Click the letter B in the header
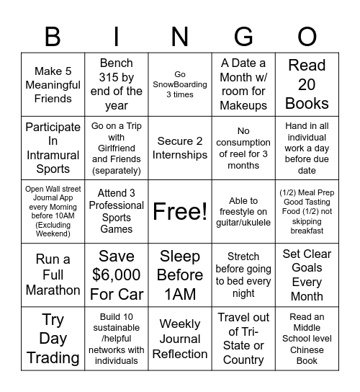pyautogui.click(x=53, y=36)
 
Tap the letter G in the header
pyautogui.click(x=243, y=36)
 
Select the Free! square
pyautogui.click(x=180, y=211)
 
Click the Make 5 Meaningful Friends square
pyautogui.click(x=53, y=84)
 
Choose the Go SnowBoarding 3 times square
pyautogui.click(x=180, y=84)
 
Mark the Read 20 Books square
pyautogui.click(x=307, y=84)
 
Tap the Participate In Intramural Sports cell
pyautogui.click(x=53, y=148)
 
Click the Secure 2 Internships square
pyautogui.click(x=180, y=148)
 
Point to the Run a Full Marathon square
pyautogui.click(x=53, y=275)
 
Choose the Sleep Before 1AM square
pyautogui.click(x=180, y=275)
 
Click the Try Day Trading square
pyautogui.click(x=53, y=339)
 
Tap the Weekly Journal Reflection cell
pyautogui.click(x=180, y=339)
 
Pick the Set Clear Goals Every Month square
pyautogui.click(x=307, y=275)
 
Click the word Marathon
pyautogui.click(x=53, y=290)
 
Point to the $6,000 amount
pyautogui.click(x=117, y=275)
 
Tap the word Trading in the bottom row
pyautogui.click(x=53, y=357)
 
